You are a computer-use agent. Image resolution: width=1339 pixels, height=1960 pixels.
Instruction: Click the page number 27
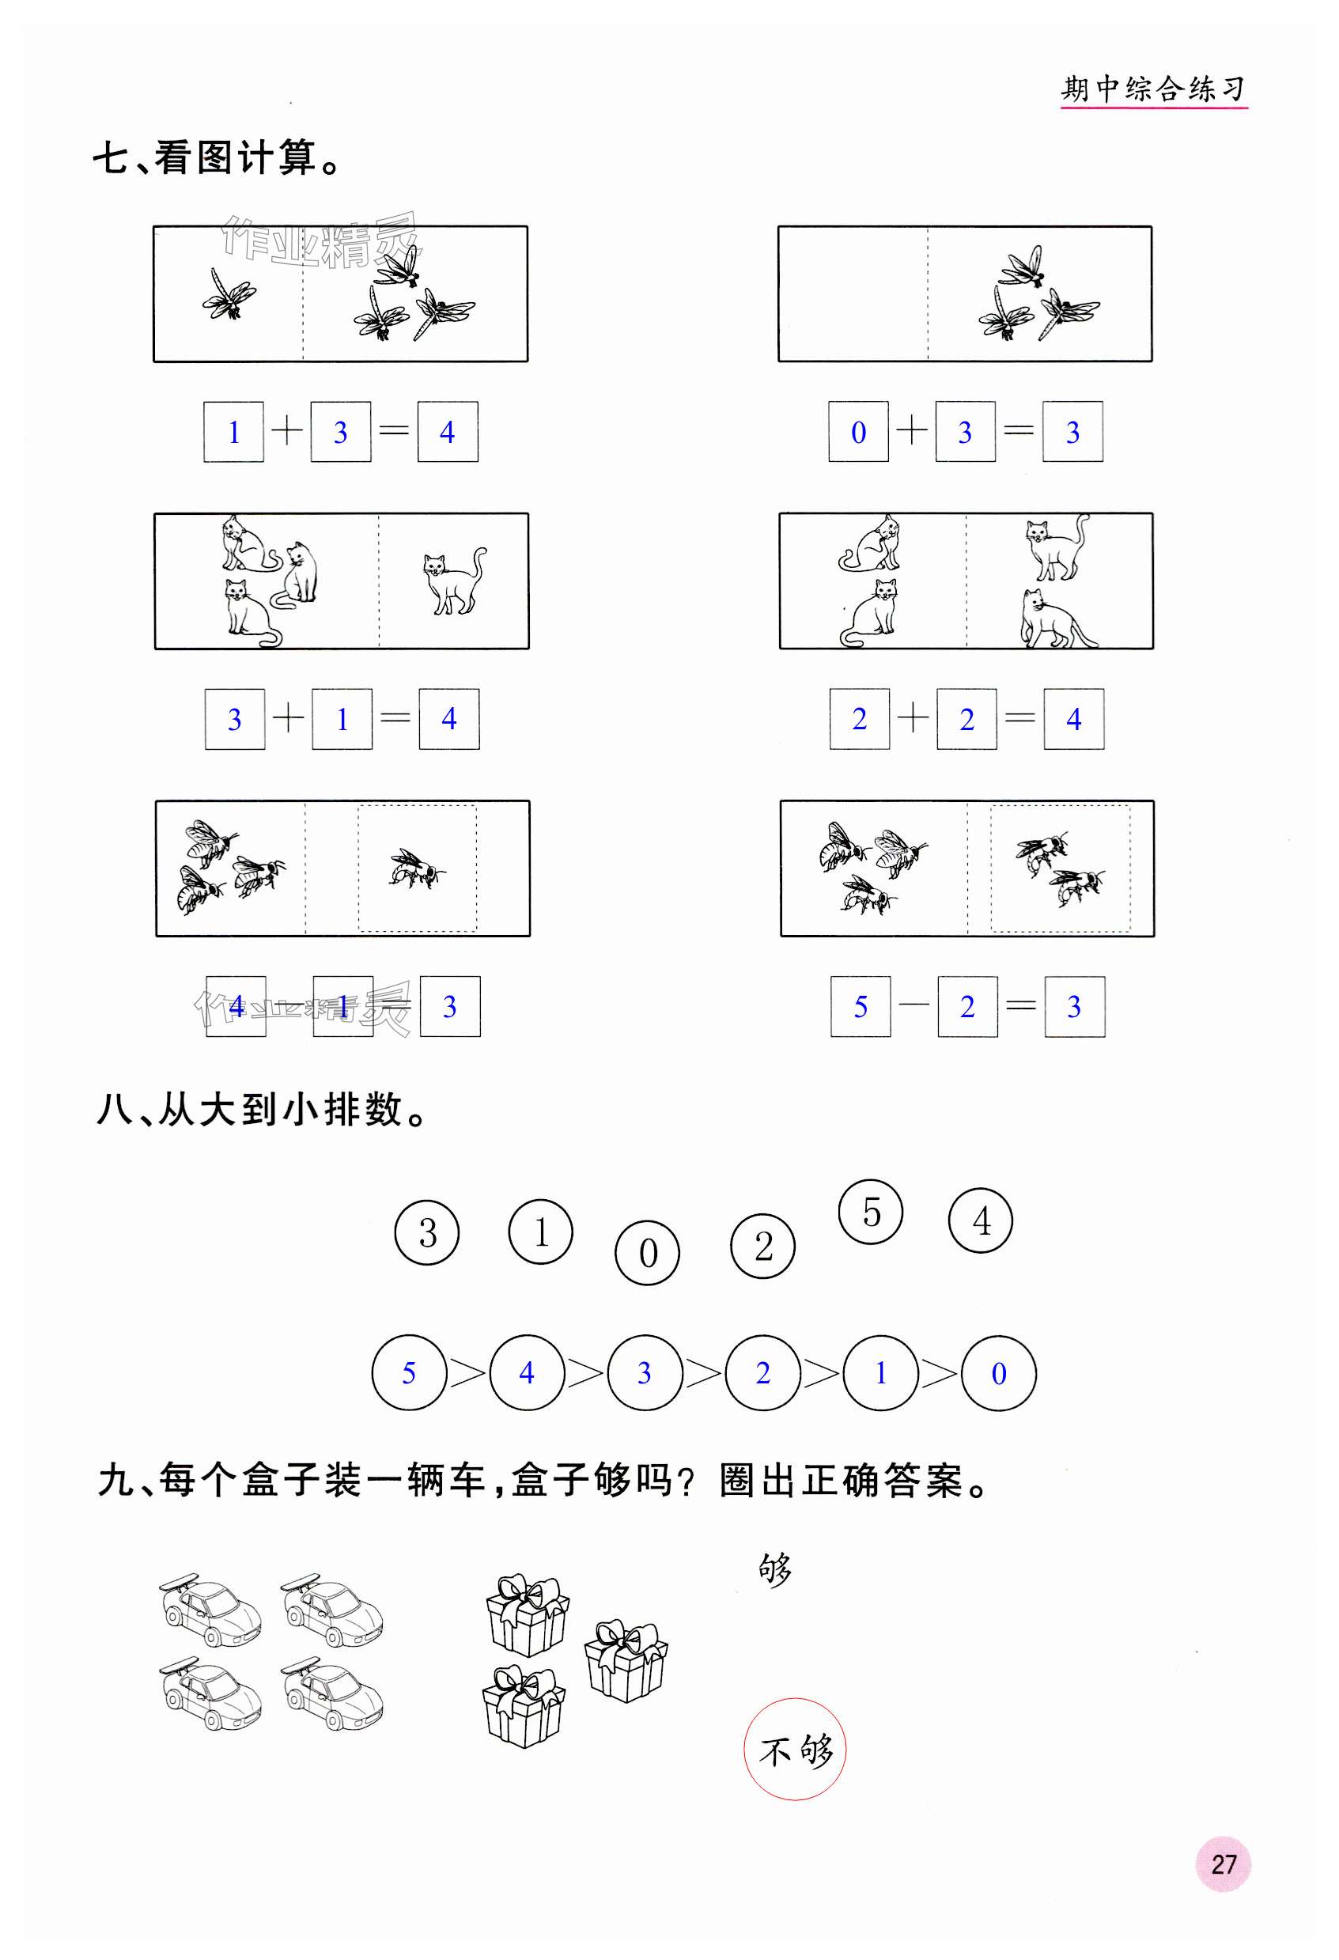1223,1864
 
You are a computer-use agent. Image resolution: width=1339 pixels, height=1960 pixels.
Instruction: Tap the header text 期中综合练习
1152,88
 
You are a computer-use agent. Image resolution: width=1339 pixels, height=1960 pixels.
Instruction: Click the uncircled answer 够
775,1570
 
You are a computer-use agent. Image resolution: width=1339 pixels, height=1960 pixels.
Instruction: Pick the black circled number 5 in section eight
871,1212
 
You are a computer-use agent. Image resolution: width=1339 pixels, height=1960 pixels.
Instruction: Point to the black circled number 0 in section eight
648,1253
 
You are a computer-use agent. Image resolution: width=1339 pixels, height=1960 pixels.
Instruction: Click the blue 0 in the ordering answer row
998,1374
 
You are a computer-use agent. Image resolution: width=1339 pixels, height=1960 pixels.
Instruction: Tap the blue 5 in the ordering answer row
408,1374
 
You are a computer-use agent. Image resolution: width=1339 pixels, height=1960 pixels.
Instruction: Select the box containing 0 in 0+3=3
858,432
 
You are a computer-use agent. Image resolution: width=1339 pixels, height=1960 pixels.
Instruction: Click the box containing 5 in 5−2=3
860,1006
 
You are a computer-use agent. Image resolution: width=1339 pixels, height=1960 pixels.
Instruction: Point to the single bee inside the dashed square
417,868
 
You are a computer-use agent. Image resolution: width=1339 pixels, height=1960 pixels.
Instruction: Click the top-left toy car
210,1609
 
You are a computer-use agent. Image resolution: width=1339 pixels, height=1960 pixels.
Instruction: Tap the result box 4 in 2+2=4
1073,720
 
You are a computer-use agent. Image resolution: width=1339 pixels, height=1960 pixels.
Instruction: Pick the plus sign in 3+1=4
289,718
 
